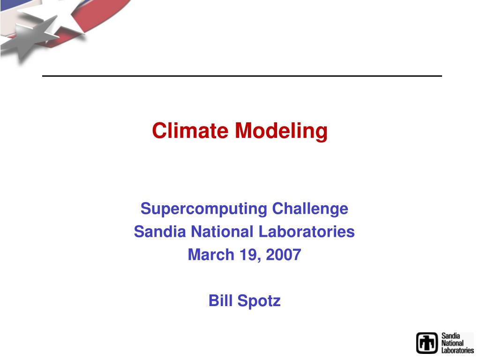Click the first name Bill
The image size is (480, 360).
[221, 300]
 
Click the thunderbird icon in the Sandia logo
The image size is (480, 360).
[427, 343]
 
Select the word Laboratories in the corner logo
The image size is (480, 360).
[457, 350]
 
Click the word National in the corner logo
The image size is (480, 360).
[452, 343]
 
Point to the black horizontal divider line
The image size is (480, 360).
[242, 76]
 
